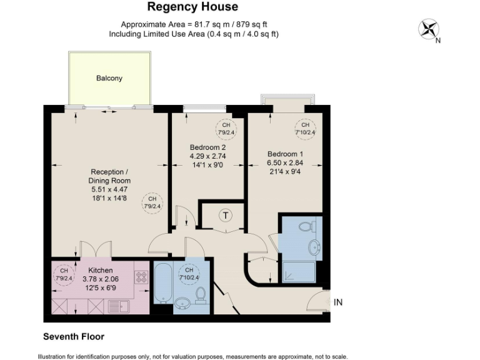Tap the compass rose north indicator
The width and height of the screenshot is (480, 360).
click(x=429, y=29)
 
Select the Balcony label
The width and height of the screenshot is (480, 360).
click(x=109, y=79)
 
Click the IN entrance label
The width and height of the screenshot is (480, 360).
click(x=338, y=302)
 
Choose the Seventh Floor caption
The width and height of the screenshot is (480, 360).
click(x=73, y=336)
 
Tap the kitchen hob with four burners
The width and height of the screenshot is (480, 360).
click(x=141, y=277)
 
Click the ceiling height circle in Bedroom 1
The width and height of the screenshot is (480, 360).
click(x=306, y=128)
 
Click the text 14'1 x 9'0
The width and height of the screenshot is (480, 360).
click(x=207, y=165)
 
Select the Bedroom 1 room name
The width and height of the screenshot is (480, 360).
click(x=285, y=154)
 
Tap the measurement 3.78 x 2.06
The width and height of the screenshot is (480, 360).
click(x=100, y=279)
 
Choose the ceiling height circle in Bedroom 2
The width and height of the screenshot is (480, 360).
click(x=226, y=128)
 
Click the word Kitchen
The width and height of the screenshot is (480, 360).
click(x=100, y=271)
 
